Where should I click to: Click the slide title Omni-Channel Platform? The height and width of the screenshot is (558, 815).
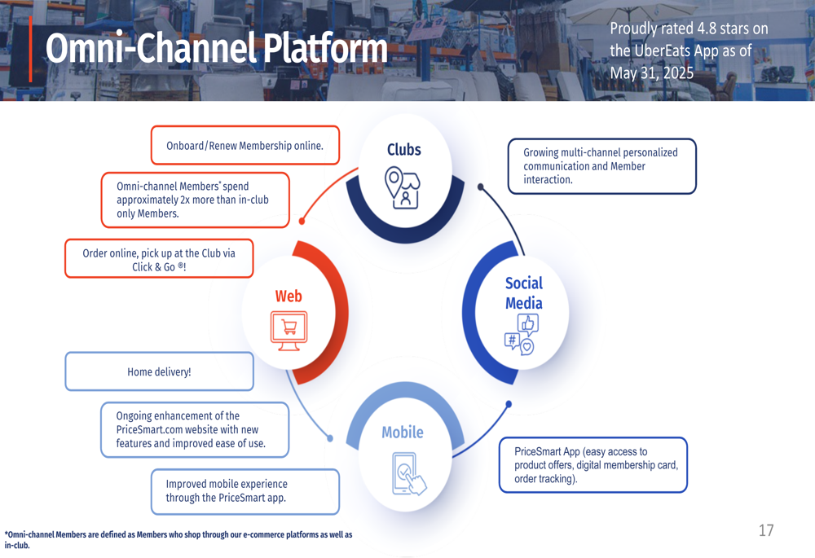(216, 49)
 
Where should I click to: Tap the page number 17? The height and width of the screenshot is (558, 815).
(765, 530)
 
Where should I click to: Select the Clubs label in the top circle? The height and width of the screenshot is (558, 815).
(404, 149)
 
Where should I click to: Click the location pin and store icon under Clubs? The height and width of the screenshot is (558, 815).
(403, 188)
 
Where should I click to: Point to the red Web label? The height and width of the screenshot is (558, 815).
(289, 297)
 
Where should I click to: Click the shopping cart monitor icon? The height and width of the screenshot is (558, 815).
(289, 331)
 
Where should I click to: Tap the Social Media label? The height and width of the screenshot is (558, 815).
(523, 293)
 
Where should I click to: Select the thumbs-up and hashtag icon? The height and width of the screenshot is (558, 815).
(522, 334)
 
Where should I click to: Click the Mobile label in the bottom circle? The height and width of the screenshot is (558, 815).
(403, 432)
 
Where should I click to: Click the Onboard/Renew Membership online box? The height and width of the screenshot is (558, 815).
(244, 146)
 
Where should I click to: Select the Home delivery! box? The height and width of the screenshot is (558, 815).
(159, 371)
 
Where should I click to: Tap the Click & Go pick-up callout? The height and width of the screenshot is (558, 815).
(159, 259)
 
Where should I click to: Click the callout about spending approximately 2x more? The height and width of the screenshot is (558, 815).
(195, 200)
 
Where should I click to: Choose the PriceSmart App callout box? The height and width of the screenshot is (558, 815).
(593, 465)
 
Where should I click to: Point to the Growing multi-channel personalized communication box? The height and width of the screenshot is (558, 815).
(601, 166)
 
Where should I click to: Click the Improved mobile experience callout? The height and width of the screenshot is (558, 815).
(245, 491)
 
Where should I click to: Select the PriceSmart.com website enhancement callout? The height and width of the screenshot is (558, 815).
(195, 429)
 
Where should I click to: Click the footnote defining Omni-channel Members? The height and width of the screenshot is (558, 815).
(179, 539)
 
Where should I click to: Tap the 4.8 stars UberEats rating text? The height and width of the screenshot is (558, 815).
(689, 51)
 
